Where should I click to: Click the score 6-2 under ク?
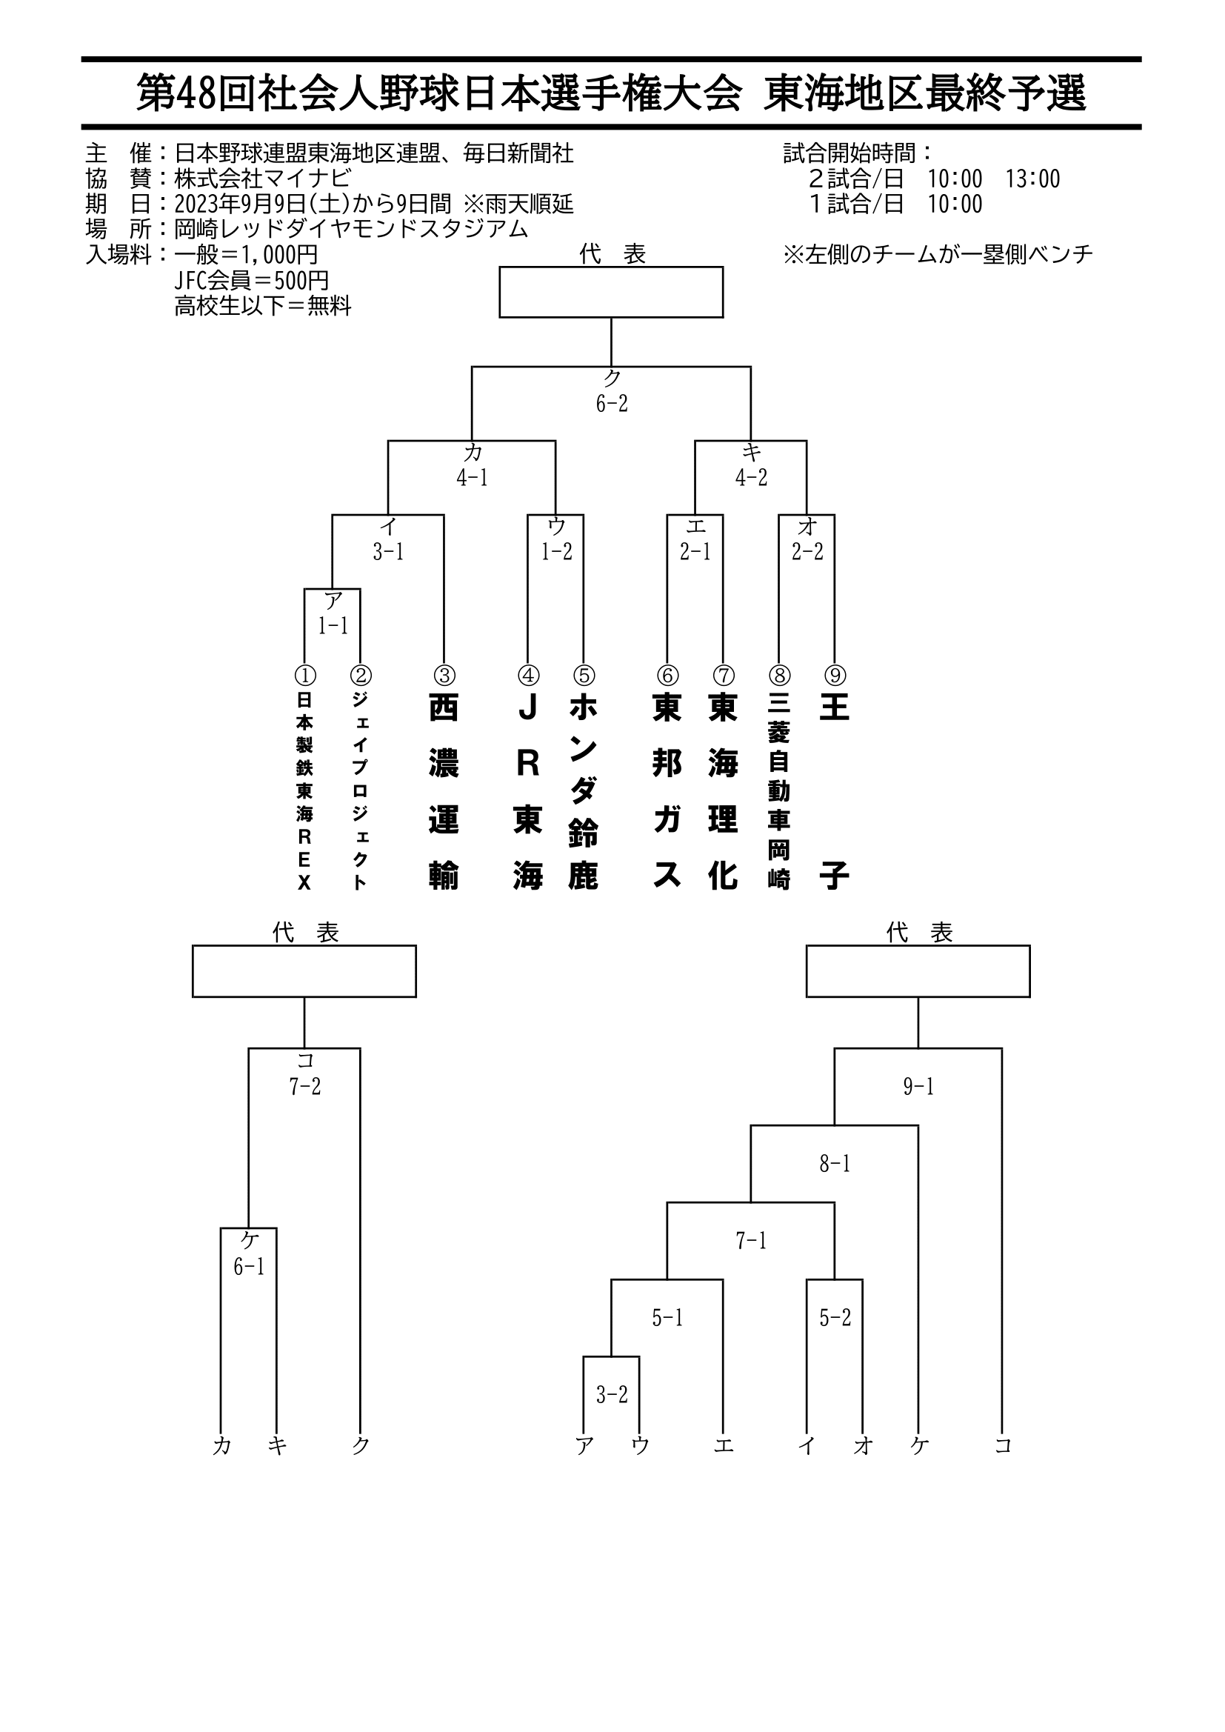pos(611,404)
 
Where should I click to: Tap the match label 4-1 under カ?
pos(473,478)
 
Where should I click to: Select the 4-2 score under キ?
pos(751,478)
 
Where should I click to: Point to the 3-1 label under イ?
pos(389,551)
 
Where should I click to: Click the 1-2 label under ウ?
pos(556,551)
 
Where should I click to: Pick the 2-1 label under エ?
pos(695,551)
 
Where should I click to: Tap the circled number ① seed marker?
pos(304,674)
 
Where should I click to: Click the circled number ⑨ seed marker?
pos(834,674)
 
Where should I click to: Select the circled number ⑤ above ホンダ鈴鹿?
pos(584,674)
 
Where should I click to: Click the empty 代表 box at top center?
pos(611,292)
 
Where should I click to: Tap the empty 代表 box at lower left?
pos(304,971)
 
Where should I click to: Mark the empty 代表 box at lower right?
pos(918,971)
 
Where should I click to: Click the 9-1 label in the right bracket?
pos(918,1086)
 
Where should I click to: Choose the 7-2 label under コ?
pos(304,1086)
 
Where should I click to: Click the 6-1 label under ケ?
pos(249,1267)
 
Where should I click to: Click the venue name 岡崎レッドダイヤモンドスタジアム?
pos(351,229)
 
